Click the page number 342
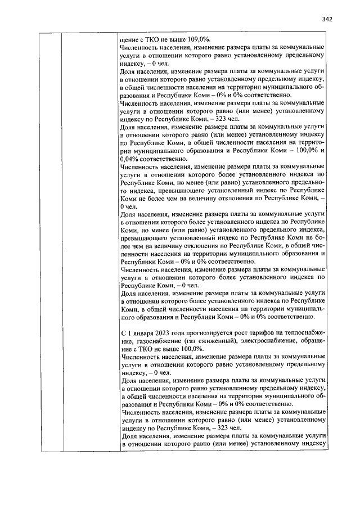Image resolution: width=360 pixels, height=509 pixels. click(328, 19)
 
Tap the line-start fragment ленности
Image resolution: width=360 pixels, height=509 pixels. click(136, 254)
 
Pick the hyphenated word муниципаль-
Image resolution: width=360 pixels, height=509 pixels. click(306, 309)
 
